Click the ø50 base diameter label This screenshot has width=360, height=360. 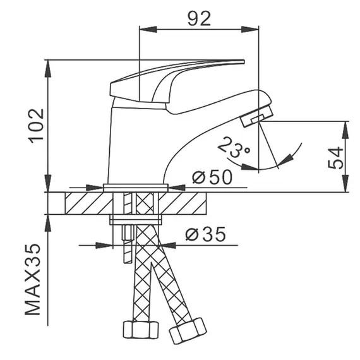pos(212,177)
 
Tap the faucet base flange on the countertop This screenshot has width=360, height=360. pos(136,188)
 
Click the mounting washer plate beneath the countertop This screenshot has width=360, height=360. pos(136,220)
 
